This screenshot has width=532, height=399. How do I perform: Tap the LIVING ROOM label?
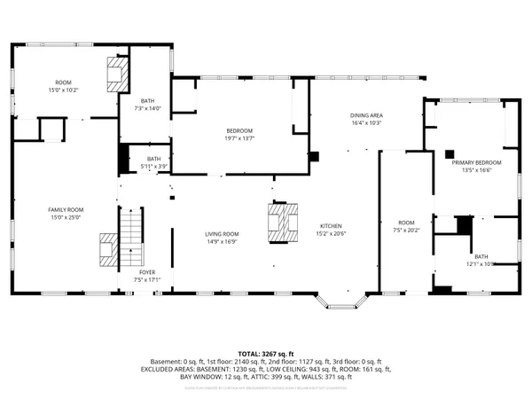pos(222,233)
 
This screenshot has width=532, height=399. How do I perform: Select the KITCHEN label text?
pos(331,226)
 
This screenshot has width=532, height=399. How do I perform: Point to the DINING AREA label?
pos(364,116)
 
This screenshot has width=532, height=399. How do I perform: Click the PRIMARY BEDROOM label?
pos(476,163)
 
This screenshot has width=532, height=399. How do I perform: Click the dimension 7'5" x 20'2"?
pos(406,229)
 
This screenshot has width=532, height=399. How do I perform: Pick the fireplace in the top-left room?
pos(117,74)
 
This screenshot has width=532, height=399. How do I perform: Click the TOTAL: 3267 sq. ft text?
pos(266,353)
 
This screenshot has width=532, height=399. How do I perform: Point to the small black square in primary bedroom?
pos(449,153)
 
